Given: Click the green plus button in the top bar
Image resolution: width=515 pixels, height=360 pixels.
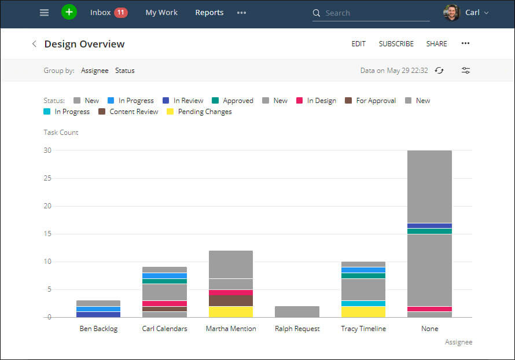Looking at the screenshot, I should click(x=69, y=12).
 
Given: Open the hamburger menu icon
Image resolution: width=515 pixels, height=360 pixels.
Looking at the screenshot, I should click(x=45, y=13).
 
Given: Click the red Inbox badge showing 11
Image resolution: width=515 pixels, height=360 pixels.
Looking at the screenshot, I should click(x=121, y=12).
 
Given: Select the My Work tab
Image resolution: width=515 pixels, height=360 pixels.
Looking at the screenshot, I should click(x=161, y=13).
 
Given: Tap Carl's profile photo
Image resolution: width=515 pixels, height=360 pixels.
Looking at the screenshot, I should click(x=451, y=13).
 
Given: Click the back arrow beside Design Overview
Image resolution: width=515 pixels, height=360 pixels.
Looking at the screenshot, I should click(x=34, y=44).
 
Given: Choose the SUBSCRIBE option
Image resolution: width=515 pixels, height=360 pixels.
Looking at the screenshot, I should click(x=396, y=44).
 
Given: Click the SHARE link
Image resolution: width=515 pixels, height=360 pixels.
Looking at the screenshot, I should click(x=436, y=44).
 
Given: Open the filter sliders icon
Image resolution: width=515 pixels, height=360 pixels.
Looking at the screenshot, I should click(x=466, y=71).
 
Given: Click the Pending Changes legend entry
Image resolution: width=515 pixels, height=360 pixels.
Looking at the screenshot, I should click(x=204, y=112).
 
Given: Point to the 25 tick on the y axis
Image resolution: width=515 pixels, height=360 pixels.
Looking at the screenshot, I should click(x=47, y=178).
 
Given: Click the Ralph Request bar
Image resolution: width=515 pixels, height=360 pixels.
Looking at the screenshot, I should click(x=297, y=311).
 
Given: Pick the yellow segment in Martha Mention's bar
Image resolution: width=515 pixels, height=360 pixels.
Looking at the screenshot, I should click(x=230, y=312).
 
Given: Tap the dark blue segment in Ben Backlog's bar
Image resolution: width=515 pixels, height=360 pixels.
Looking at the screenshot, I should click(x=98, y=314).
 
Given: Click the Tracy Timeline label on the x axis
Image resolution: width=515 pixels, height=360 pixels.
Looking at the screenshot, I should click(x=363, y=329).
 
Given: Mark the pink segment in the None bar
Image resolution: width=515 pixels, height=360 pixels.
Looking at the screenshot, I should click(x=429, y=309).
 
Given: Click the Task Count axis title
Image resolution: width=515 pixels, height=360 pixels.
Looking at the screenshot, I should click(x=61, y=133).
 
